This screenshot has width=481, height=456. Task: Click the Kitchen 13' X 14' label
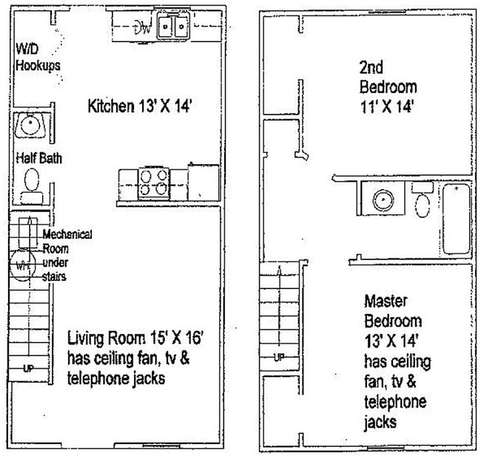(x=141, y=106)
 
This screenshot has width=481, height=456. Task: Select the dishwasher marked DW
(x=143, y=28)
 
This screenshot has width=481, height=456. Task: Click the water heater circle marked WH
(x=21, y=265)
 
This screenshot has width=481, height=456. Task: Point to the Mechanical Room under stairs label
(x=66, y=255)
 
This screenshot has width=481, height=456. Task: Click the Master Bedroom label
(x=393, y=311)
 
